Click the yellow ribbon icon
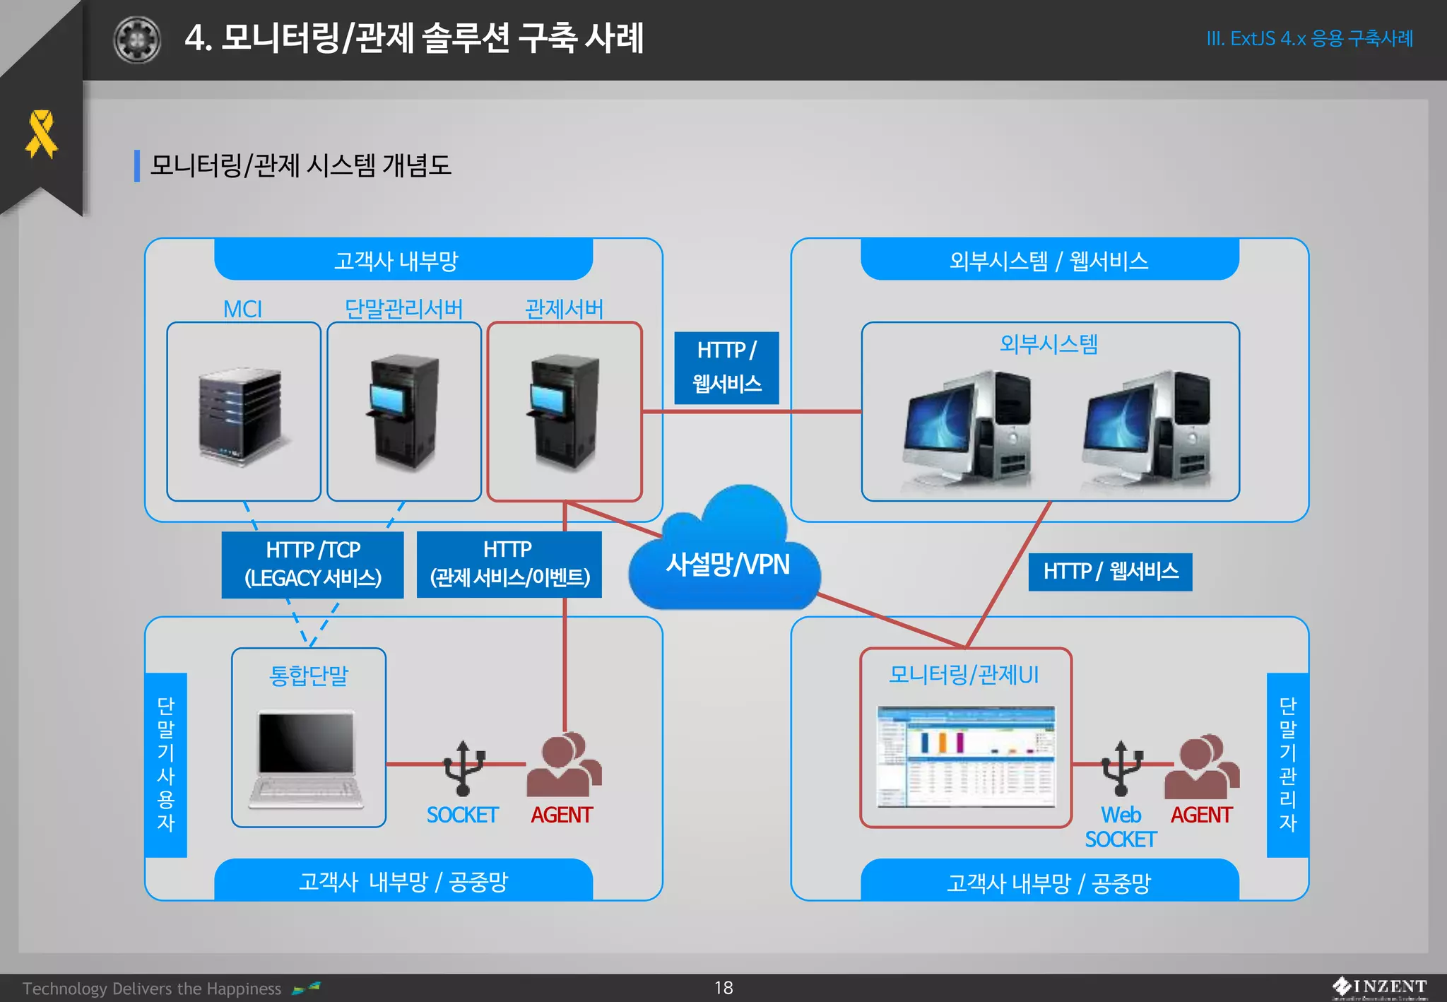(41, 134)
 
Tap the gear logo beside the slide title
(137, 40)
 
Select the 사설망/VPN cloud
(726, 558)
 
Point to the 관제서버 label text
(564, 309)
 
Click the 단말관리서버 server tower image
(404, 412)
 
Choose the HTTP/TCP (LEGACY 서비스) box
(312, 564)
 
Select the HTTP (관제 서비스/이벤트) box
(509, 564)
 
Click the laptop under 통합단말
(307, 760)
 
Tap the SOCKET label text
(462, 815)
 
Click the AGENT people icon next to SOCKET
(563, 765)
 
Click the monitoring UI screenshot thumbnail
(966, 756)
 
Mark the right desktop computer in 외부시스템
(1146, 429)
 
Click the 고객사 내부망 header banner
(403, 260)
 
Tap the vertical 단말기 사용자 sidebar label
(165, 764)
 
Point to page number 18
(723, 987)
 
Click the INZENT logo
(1379, 987)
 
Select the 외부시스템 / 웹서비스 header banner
(1049, 260)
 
